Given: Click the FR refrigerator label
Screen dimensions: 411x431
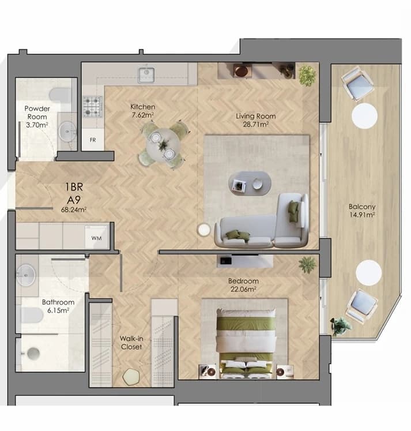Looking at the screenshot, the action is (93, 140).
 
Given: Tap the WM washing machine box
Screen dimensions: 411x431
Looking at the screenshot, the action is (97, 238).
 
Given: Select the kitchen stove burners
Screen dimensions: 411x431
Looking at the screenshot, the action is (93, 107).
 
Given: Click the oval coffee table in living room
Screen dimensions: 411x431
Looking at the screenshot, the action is (250, 183).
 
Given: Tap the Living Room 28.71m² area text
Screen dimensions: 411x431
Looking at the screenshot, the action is (255, 120).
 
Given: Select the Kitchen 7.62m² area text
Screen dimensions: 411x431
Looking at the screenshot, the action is (143, 111).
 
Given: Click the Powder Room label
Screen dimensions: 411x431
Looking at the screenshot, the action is (37, 113).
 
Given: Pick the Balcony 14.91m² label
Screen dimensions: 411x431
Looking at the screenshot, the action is (362, 211).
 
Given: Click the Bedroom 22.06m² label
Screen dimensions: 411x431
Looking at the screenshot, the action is (243, 285).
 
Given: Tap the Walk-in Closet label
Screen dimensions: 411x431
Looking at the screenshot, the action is (131, 343).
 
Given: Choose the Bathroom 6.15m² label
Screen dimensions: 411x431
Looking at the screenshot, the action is (58, 306).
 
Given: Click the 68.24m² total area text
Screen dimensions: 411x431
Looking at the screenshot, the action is (74, 209).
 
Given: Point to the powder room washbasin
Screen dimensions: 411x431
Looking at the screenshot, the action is (67, 132).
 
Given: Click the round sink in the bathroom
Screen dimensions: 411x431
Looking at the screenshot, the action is (26, 275).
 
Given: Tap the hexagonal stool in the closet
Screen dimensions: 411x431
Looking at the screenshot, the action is (131, 377).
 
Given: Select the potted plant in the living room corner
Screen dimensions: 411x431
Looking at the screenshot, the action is (307, 75).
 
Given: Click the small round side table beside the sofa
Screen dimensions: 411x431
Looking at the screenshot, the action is (203, 230).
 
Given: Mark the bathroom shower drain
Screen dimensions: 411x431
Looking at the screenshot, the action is (33, 354).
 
